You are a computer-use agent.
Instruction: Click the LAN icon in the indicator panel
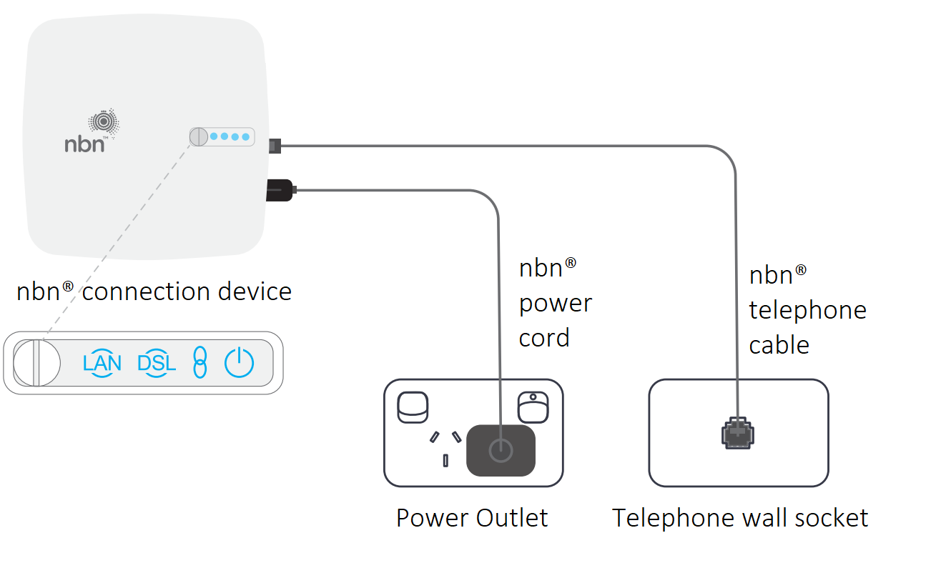pos(102,363)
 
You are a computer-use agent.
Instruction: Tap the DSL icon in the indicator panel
pos(156,363)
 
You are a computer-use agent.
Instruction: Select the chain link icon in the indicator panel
pos(200,363)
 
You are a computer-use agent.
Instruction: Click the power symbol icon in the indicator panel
pos(239,363)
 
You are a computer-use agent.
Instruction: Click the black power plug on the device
pos(280,190)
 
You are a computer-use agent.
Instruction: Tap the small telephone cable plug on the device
pos(275,146)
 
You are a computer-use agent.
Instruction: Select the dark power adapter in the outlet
pos(501,450)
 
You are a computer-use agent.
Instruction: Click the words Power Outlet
pos(472,518)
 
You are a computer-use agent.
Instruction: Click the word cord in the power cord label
pos(544,337)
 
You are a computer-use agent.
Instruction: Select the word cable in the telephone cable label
pos(779,344)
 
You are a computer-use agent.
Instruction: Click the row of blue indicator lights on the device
pos(230,136)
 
